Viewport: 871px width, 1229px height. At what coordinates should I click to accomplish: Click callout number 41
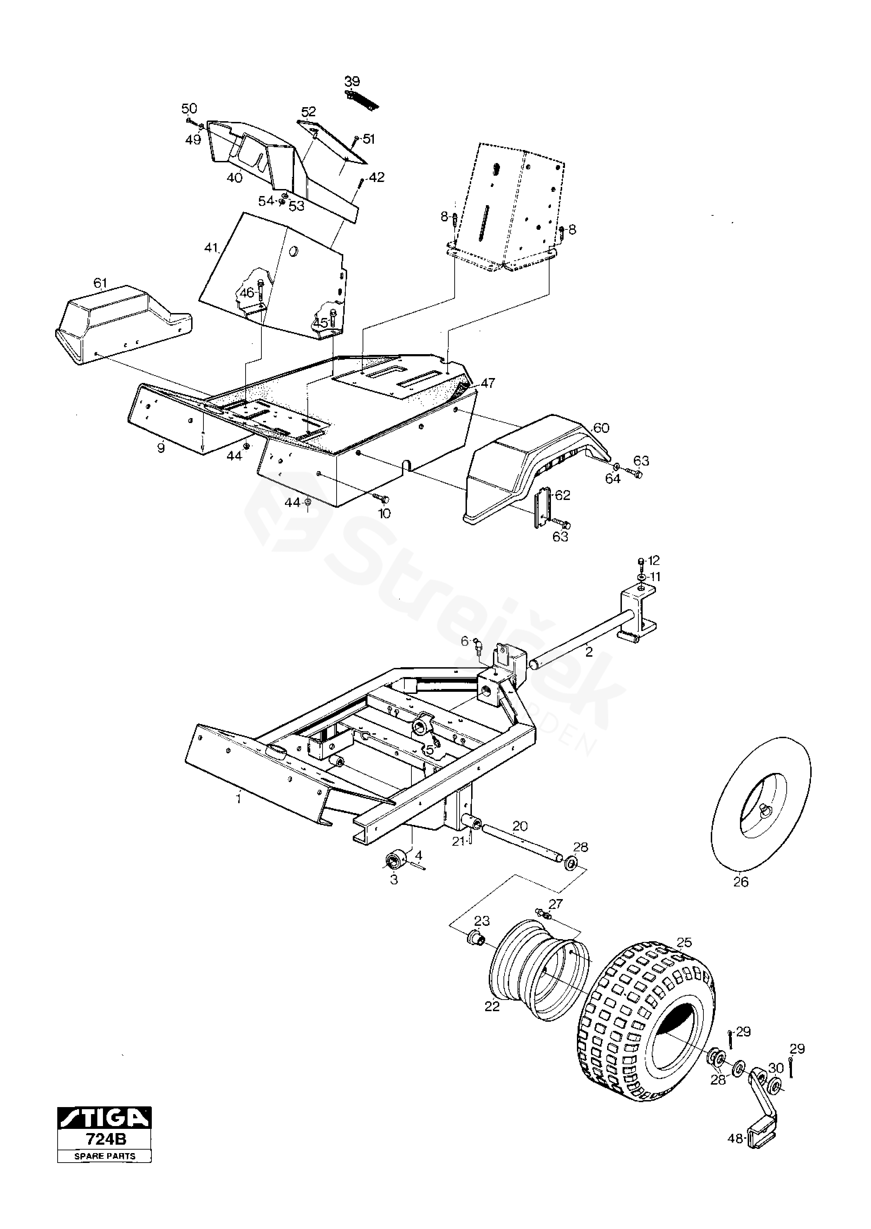click(x=211, y=248)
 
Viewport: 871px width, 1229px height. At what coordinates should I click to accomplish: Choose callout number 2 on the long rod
click(x=589, y=652)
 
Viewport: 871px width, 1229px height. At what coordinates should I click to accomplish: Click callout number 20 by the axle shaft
click(x=520, y=826)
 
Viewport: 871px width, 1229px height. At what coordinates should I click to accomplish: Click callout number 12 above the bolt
click(x=653, y=561)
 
